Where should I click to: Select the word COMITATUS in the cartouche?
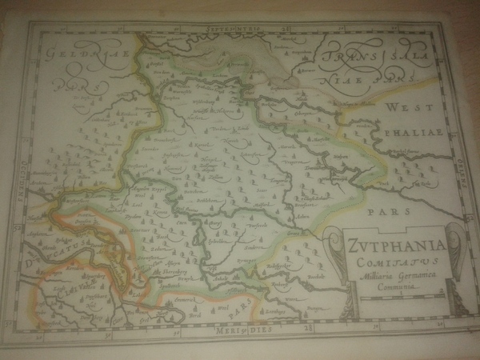pyautogui.click(x=387, y=258)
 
